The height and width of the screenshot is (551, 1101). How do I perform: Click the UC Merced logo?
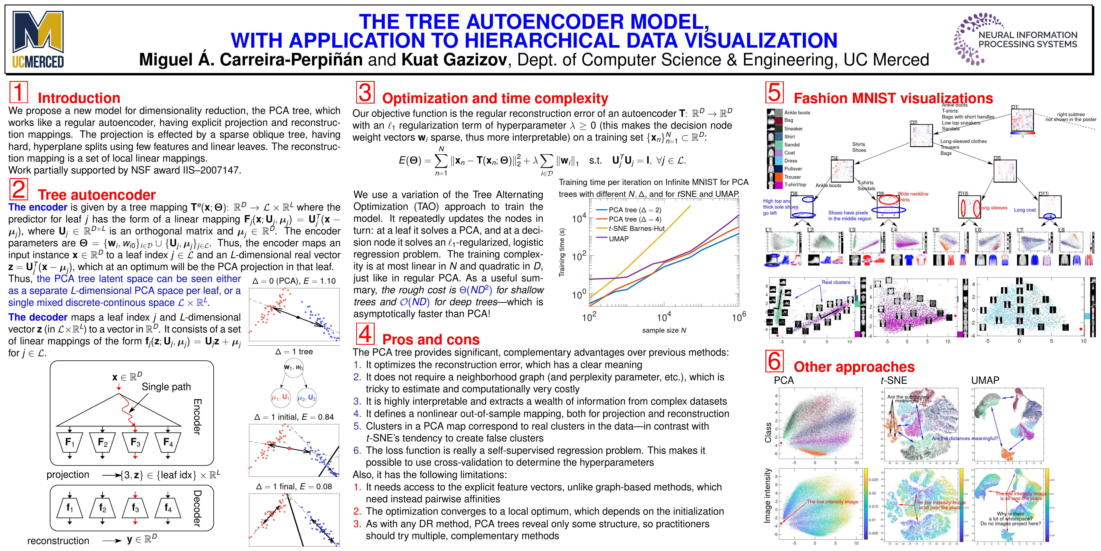[x=38, y=39]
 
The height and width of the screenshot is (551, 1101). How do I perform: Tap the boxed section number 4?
[x=365, y=334]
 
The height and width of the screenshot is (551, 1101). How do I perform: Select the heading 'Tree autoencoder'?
[x=97, y=195]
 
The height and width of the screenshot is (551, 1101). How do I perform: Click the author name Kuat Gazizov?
[x=454, y=60]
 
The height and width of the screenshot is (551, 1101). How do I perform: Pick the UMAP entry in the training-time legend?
[x=618, y=239]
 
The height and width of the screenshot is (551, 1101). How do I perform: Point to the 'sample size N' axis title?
[x=664, y=330]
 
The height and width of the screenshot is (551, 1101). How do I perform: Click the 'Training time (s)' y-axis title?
[x=562, y=252]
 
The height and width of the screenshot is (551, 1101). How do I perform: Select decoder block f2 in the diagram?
[x=103, y=508]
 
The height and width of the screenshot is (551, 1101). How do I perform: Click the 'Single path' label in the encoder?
[x=166, y=387]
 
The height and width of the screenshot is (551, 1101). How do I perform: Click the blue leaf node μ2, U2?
[x=306, y=398]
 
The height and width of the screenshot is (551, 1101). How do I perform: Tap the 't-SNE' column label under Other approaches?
[x=894, y=380]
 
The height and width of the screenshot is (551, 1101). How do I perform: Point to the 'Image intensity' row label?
[x=768, y=495]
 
